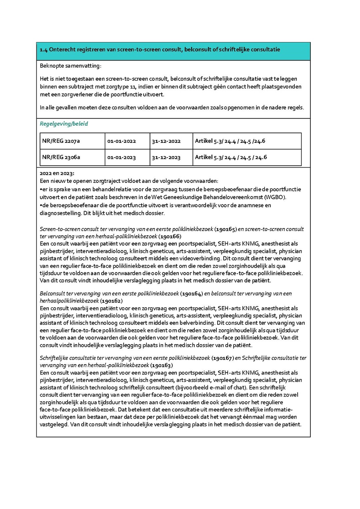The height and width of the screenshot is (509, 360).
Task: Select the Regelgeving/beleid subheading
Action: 64,124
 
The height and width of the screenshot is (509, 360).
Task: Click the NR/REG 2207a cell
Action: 61,141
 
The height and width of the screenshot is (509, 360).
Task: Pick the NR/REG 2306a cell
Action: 61,157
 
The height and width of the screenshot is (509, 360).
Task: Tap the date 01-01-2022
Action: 122,141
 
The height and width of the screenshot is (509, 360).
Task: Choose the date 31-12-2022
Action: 166,141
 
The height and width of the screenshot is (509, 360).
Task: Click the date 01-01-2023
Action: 122,157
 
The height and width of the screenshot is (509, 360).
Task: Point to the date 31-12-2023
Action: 166,157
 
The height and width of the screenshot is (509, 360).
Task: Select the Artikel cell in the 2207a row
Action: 231,141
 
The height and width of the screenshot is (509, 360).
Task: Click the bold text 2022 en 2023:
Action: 57,173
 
